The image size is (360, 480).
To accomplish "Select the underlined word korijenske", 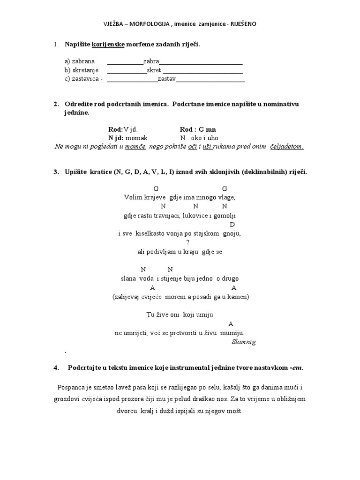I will (109, 44).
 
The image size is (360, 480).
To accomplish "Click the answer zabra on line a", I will (151, 61).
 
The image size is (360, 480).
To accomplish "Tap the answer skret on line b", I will (154, 70).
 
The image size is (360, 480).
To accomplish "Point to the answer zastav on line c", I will (166, 79).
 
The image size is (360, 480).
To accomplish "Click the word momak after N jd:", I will (136, 138).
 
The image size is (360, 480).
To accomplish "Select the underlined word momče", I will (135, 147).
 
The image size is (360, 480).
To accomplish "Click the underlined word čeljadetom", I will (287, 147).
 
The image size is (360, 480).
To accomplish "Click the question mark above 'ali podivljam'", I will (187, 242).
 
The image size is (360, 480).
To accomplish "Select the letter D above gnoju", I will (232, 225).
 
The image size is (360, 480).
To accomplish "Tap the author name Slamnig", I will (244, 342).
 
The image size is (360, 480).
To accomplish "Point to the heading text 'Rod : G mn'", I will (198, 129).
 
